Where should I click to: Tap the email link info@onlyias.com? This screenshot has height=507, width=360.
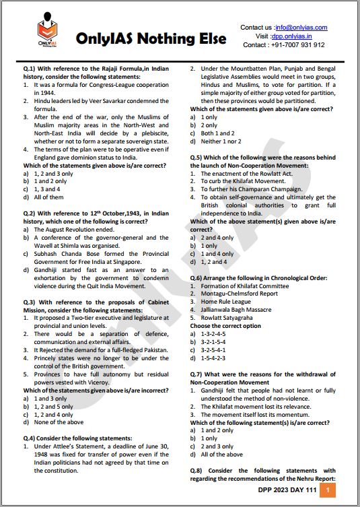point(301,28)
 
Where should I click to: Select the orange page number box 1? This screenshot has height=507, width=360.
point(326,491)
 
